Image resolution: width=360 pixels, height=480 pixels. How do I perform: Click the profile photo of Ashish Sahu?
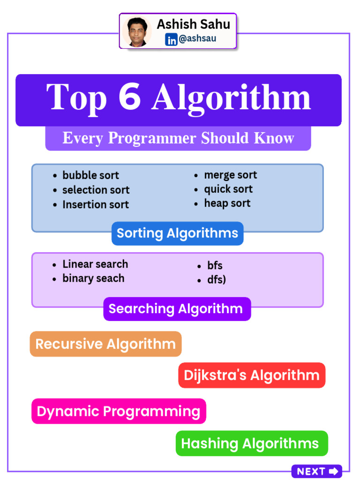pos(137,31)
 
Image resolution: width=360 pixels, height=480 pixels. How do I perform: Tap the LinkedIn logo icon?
pos(172,40)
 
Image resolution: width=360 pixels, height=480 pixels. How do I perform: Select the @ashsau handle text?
pos(197,39)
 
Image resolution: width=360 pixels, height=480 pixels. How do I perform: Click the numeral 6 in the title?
pos(130,97)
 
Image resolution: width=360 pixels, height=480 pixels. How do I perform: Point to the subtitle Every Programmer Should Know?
pos(178,138)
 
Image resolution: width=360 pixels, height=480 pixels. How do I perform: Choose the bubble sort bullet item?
pos(90,175)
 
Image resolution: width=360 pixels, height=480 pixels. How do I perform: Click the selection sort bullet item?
pos(96,190)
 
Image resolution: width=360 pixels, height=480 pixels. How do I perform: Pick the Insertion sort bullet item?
pos(95,204)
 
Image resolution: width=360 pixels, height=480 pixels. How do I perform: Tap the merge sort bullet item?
pos(230,175)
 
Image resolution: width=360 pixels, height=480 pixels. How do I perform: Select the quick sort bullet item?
pos(228,189)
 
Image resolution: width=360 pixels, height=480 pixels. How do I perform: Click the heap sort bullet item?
pos(227,203)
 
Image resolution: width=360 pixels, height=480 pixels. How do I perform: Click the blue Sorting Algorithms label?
pos(177,233)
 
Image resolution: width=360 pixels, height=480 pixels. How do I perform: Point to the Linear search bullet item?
pos(95,264)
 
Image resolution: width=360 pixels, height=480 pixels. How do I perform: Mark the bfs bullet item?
pos(215,266)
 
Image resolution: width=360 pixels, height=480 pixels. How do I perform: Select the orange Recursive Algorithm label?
pos(105,344)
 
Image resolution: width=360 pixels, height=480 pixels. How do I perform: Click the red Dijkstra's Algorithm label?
pos(252,375)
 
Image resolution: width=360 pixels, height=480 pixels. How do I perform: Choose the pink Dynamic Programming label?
pos(119,411)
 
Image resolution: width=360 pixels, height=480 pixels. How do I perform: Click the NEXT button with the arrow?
pos(317,471)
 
